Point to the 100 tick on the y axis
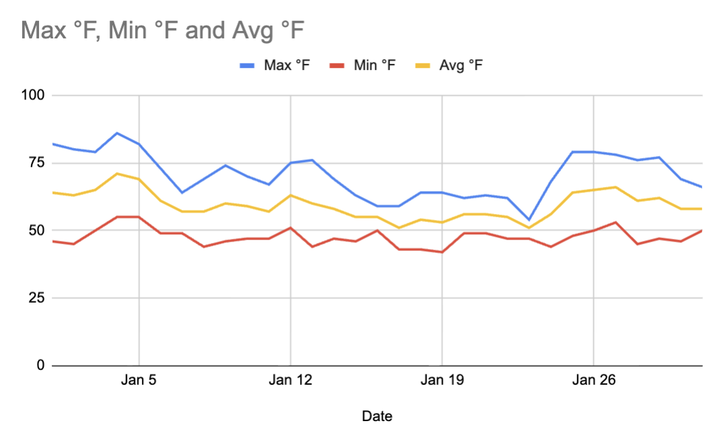pyautogui.click(x=33, y=96)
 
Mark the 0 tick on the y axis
pyautogui.click(x=40, y=366)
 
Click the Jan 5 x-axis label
pyautogui.click(x=139, y=381)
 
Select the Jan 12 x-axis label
pyautogui.click(x=290, y=381)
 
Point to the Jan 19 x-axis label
pyautogui.click(x=441, y=381)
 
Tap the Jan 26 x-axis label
pyautogui.click(x=593, y=381)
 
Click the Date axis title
pyautogui.click(x=377, y=416)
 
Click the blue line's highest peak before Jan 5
pyautogui.click(x=117, y=133)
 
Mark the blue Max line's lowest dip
pyautogui.click(x=528, y=219)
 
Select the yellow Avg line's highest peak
pyautogui.click(x=117, y=174)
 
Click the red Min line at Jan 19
pyautogui.click(x=442, y=252)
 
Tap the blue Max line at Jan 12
pyautogui.click(x=290, y=163)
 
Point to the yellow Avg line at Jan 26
pyautogui.click(x=593, y=190)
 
